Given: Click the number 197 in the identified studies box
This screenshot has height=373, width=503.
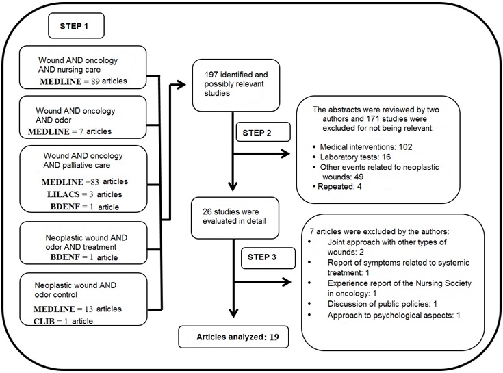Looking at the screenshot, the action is tap(211, 75).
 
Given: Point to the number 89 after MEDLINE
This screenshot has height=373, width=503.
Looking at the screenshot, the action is tap(95, 81).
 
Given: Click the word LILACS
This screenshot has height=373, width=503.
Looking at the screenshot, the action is tap(64, 194).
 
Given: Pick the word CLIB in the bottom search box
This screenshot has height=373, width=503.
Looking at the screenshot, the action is tap(44, 321).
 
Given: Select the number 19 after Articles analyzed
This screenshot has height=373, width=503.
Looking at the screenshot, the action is tap(274, 337).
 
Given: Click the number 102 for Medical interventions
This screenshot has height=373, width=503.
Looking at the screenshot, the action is tap(405, 147).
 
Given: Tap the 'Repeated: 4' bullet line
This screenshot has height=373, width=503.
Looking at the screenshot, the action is tap(337, 186).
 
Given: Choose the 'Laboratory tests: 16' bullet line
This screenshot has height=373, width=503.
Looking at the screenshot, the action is tap(352, 157).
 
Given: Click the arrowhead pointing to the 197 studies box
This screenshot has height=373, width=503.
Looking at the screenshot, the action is tap(181, 84).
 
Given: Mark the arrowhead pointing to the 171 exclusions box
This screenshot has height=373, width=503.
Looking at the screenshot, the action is tap(285, 153).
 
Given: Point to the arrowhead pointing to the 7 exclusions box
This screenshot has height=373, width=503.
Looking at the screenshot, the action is tap(286, 282).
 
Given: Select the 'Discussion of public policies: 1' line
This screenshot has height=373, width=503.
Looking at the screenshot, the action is tap(382, 304).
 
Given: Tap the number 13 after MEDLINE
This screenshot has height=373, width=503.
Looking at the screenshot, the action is tap(89, 309).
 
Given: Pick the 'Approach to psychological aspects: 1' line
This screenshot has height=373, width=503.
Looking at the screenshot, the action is tap(394, 316).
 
